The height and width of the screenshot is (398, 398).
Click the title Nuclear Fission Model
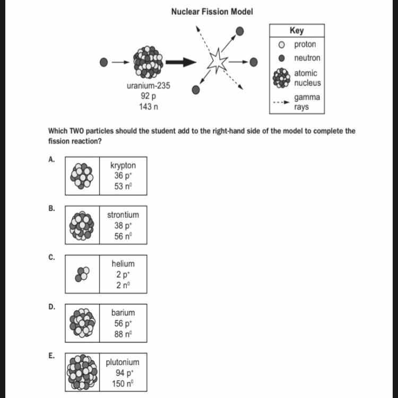tap(212, 11)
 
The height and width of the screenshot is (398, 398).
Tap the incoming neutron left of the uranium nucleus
tap(104, 63)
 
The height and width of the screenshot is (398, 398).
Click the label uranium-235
tap(149, 85)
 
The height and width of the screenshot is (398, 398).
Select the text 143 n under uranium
tap(149, 107)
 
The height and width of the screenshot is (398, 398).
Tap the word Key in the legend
tap(297, 31)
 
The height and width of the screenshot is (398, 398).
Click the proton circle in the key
tap(282, 45)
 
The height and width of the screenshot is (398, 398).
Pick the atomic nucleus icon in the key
tap(282, 78)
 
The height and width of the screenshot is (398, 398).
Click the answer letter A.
tap(51, 160)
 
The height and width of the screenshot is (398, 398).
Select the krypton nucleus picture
tap(82, 175)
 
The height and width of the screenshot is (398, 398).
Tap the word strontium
tap(123, 215)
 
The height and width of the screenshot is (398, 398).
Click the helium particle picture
tap(82, 273)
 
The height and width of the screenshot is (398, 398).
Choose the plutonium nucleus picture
tap(82, 372)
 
